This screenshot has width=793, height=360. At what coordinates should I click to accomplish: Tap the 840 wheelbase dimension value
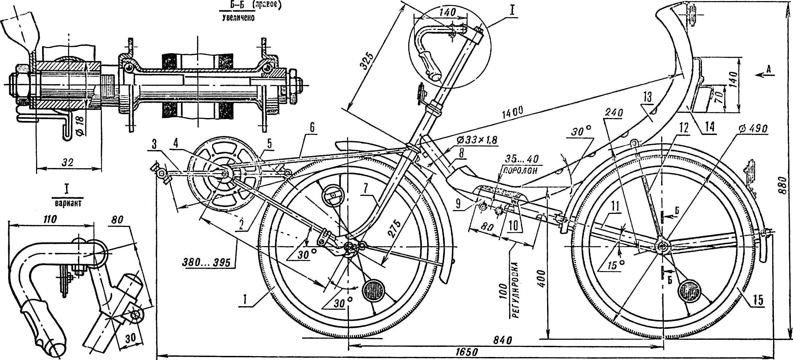pyautogui.click(x=503, y=340)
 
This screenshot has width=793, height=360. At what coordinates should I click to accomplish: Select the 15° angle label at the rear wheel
pyautogui.click(x=613, y=265)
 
